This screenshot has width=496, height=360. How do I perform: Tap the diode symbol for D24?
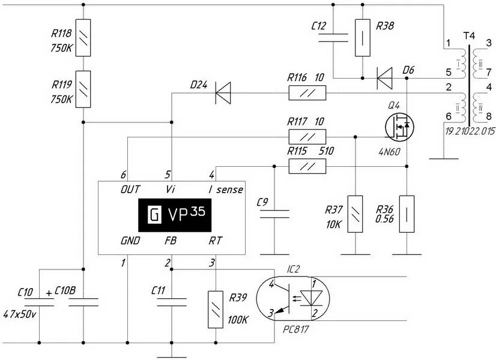223,93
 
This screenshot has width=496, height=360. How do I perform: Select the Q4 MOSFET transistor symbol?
399,125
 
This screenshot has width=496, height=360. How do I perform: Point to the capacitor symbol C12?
333,37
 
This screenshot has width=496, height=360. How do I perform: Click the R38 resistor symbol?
362,37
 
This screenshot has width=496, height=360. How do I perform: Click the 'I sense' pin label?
225,190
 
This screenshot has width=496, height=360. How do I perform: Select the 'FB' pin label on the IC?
170,241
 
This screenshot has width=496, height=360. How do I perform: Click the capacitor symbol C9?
274,214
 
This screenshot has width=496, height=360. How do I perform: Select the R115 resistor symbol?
307,166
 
